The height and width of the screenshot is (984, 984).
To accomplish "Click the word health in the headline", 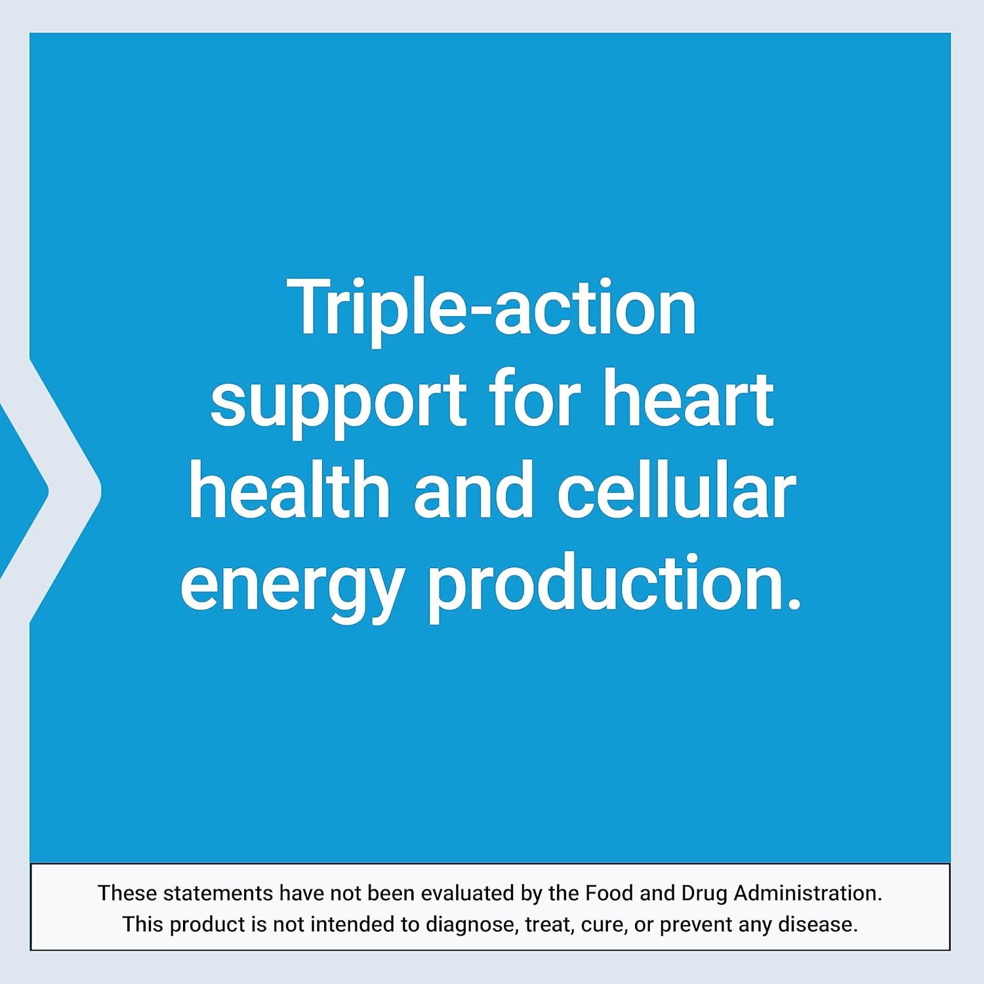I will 289,490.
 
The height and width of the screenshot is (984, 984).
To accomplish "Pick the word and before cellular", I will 473,490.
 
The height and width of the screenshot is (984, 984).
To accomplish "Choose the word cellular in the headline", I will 676,490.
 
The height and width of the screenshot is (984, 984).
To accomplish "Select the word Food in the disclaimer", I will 609,893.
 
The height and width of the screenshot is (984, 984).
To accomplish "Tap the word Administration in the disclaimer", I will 808,893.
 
